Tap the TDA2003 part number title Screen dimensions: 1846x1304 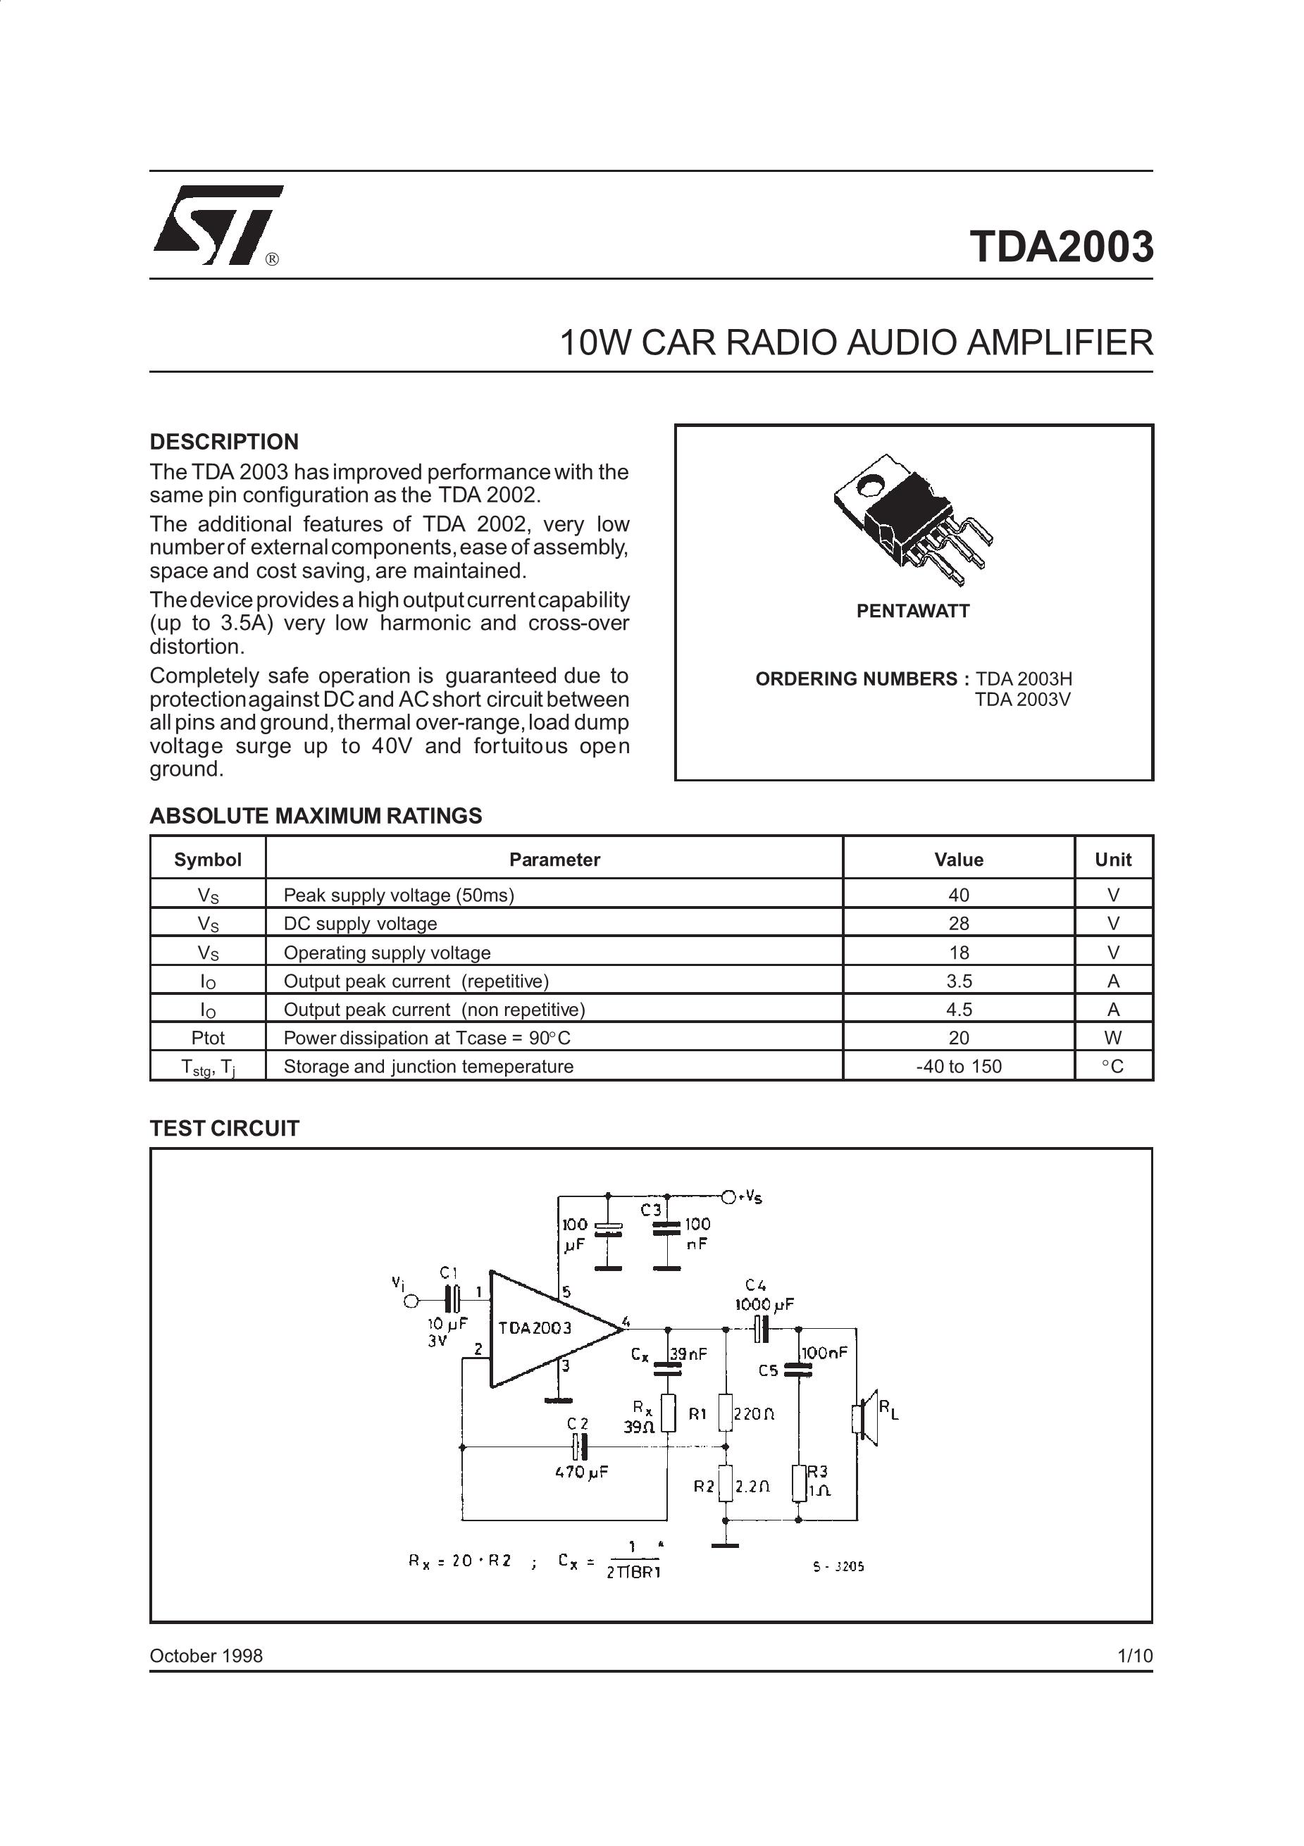point(1061,246)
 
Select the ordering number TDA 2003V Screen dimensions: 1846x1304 point(1023,700)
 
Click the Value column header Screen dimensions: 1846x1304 point(958,860)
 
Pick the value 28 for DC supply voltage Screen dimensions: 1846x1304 point(958,924)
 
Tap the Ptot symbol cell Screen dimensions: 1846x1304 point(207,1038)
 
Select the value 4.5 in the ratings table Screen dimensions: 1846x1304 point(958,1010)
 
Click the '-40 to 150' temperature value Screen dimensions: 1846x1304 point(958,1067)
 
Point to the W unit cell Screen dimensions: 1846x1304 point(1112,1038)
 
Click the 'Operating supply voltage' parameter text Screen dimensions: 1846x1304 point(387,953)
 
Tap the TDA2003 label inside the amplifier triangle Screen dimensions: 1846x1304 point(535,1327)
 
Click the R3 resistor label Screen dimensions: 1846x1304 point(816,1470)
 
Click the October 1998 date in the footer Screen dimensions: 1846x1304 point(206,1656)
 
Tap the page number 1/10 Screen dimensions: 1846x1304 point(1134,1656)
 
